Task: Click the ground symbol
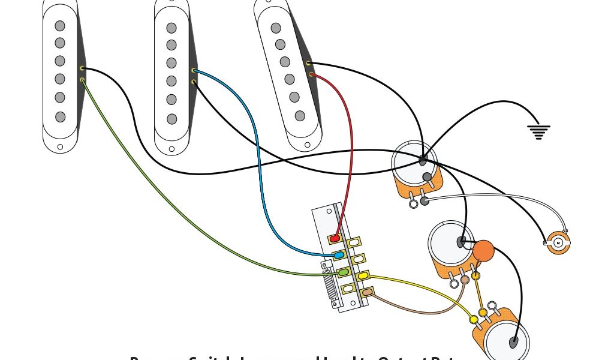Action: [538, 131]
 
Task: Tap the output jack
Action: [559, 242]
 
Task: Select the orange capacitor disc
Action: [483, 251]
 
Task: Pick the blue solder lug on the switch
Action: [339, 256]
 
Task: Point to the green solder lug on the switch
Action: [344, 272]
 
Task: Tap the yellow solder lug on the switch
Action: [363, 276]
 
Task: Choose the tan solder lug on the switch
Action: [367, 292]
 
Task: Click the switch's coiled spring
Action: [328, 288]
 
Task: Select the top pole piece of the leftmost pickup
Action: [60, 26]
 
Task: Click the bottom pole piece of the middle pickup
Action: [172, 119]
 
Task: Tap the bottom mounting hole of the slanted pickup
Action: [308, 145]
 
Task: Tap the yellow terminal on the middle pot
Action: [475, 276]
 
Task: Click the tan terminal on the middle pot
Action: [465, 280]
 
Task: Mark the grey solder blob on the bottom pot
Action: [514, 343]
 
